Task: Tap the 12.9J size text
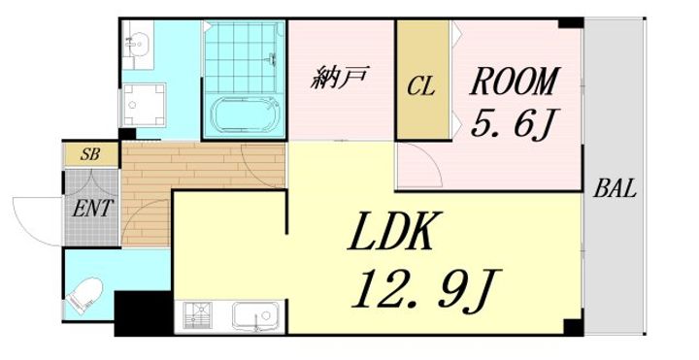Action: tap(426, 289)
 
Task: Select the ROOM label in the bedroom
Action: tap(514, 81)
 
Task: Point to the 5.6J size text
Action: tap(514, 124)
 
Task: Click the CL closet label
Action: tap(420, 87)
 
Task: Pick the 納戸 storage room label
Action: tap(340, 78)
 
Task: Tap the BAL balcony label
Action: tap(615, 189)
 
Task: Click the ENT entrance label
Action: tap(91, 208)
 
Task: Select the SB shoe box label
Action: tap(90, 154)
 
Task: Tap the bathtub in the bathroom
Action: tap(245, 115)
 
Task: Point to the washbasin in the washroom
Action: tap(137, 44)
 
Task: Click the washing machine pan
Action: tap(144, 105)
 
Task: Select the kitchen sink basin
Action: tap(255, 315)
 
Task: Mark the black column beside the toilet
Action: tap(143, 313)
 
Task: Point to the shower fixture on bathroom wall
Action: tap(272, 59)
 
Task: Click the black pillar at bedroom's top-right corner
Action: tap(571, 22)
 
